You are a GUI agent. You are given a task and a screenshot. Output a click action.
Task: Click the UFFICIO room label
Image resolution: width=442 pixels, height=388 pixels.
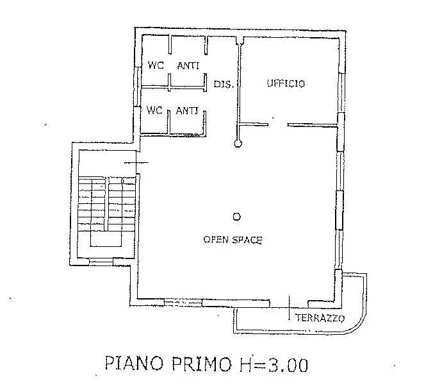[x=286, y=83]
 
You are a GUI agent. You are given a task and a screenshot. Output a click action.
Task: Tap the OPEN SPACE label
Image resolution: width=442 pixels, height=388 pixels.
[x=233, y=240]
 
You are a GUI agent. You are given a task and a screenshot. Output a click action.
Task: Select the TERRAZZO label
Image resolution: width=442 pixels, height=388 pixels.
[x=320, y=318]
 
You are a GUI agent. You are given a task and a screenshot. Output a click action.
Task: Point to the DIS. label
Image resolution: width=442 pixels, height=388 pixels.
[x=224, y=84]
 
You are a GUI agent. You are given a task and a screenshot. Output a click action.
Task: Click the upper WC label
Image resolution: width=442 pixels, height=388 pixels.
[x=156, y=65]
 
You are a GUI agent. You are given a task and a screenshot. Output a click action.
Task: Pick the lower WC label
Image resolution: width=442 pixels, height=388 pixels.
[x=154, y=110]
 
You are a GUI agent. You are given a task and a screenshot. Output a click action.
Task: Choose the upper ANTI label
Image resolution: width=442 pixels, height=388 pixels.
[x=188, y=66]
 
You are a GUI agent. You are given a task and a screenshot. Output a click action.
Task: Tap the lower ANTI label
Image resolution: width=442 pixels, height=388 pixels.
[x=187, y=110]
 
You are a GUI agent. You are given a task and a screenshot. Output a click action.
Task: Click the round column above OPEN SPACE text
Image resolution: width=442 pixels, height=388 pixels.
[x=237, y=217]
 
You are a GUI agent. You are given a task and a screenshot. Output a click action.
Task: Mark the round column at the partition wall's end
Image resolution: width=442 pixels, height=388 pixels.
[x=238, y=144]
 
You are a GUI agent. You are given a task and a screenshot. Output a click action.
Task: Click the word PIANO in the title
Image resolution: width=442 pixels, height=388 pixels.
[x=134, y=363]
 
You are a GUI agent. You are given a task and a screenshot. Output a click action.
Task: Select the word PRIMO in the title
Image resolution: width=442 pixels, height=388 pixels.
[x=202, y=364]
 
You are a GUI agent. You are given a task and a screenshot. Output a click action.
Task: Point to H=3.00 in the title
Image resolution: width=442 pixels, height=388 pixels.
[x=274, y=364]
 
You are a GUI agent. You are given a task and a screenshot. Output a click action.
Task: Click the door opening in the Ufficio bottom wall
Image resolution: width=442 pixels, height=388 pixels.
[x=277, y=124]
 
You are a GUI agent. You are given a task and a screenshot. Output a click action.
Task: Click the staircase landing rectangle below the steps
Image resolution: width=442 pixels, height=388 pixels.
[x=106, y=239]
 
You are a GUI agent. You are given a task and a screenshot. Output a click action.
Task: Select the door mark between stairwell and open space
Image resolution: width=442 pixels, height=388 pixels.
[x=136, y=162]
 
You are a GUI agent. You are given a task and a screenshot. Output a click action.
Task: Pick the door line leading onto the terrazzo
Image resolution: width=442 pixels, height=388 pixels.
[x=289, y=308]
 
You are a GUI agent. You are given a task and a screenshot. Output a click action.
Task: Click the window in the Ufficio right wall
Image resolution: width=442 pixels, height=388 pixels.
[x=341, y=93]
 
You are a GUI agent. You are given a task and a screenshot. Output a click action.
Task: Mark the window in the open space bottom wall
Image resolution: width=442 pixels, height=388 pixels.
[x=183, y=303]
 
